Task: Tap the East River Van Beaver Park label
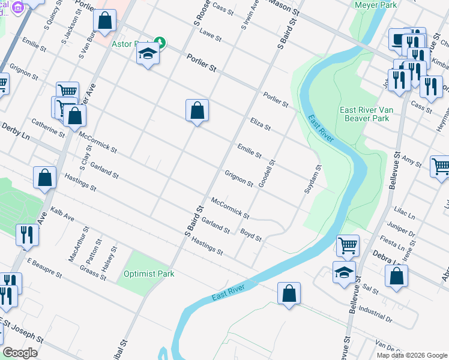(x=364, y=114)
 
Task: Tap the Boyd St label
(x=251, y=235)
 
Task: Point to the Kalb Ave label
(x=62, y=215)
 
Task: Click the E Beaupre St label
(x=44, y=268)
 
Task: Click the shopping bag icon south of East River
(x=289, y=293)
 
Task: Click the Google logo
(x=20, y=352)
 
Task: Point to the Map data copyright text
(x=411, y=355)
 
